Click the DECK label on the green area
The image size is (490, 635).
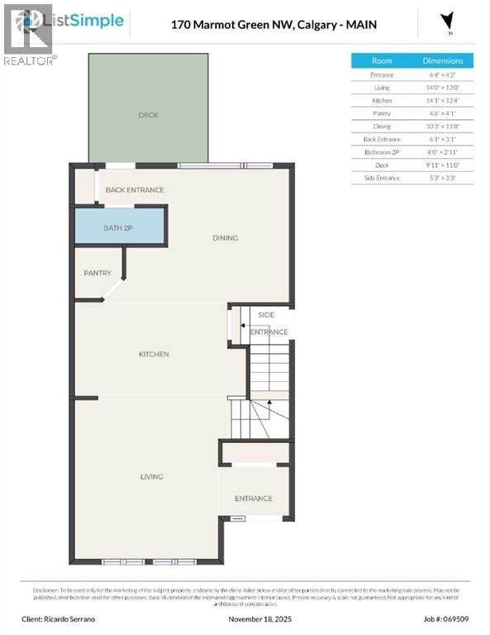click(148, 115)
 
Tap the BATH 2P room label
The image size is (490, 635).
click(117, 227)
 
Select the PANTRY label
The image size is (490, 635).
click(98, 273)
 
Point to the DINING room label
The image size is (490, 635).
click(225, 238)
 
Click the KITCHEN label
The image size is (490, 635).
click(154, 354)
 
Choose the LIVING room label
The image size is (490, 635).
click(151, 476)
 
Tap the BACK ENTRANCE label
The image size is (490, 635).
click(134, 189)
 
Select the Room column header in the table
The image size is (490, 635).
click(382, 60)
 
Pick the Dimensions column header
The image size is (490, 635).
click(444, 60)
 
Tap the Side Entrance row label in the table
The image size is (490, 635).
click(382, 178)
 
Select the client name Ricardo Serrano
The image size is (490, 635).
click(73, 618)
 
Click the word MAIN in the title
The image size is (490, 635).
click(362, 25)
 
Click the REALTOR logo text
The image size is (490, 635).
click(30, 60)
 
